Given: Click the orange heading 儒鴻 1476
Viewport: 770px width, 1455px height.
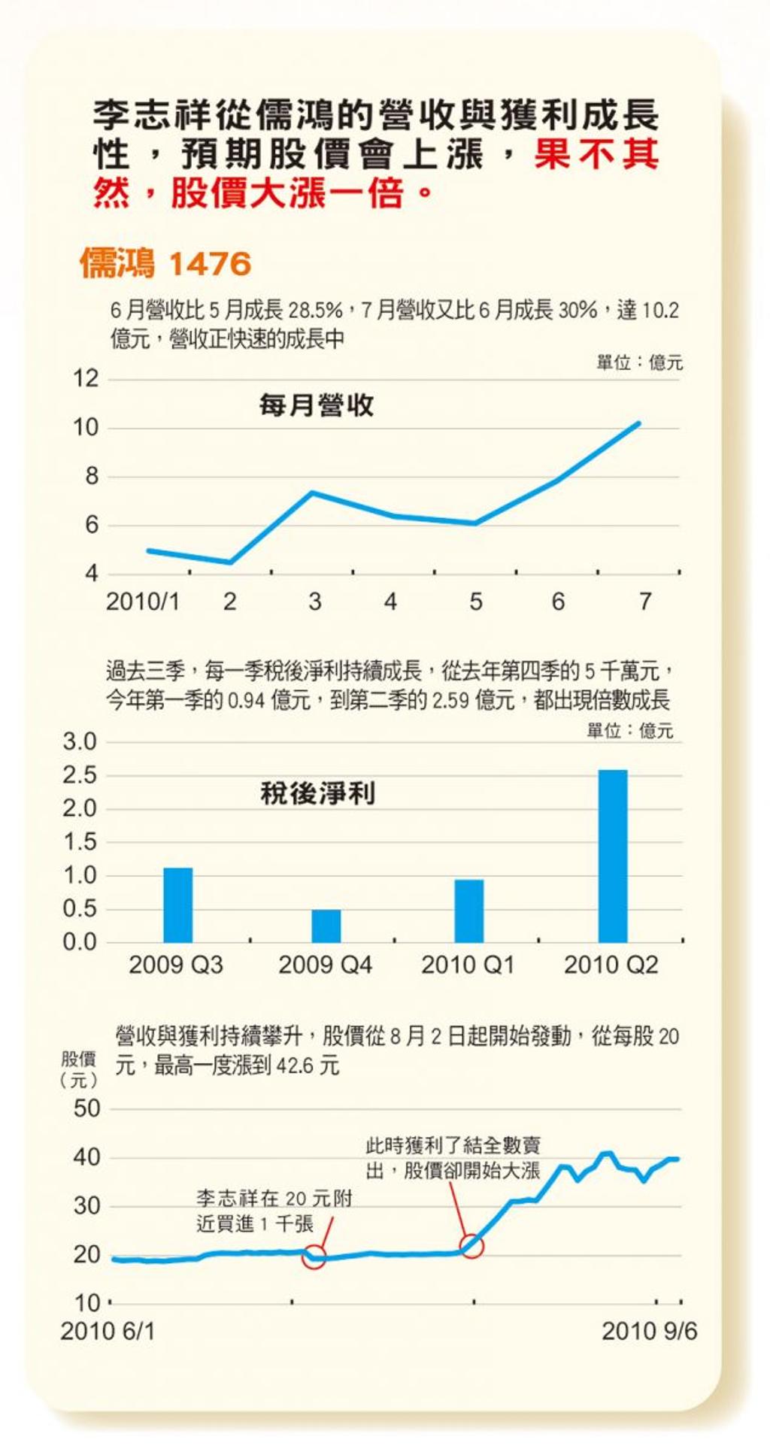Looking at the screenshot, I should pos(165,264).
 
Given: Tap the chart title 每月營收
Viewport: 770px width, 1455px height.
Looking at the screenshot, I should pos(317,405).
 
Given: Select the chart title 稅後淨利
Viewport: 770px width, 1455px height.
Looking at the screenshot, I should pos(317,793).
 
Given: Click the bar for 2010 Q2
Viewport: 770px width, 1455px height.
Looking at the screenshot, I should pos(613,856).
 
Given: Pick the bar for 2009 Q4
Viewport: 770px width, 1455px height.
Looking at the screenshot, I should pos(326,926).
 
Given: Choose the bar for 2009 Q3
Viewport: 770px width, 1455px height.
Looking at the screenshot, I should pos(178,905).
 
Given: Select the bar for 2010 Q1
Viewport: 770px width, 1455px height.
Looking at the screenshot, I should pos(469,911).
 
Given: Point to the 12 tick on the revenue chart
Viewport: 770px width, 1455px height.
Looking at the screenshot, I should pos(86,378).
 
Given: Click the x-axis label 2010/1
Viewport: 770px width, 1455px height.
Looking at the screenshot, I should pos(143,602).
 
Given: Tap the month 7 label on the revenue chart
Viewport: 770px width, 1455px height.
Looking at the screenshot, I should pos(644,602).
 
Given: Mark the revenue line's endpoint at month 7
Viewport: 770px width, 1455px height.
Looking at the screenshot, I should pos(638,423).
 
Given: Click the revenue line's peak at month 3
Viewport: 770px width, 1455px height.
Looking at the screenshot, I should pos(312,493).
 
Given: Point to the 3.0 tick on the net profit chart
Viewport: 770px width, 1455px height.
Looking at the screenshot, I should pos(80,742).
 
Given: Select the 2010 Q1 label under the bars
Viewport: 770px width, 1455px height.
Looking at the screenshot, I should pos(468,965).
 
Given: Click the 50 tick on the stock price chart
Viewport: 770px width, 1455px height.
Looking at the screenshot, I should pos(86,1108).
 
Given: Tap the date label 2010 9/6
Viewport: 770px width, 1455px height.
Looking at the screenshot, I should pos(649,1332).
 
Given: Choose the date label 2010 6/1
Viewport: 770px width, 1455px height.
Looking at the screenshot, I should pos(108,1332).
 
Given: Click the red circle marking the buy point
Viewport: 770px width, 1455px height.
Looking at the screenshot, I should pos(314,1256).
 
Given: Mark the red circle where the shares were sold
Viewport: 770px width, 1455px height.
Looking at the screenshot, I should pos(471,1246).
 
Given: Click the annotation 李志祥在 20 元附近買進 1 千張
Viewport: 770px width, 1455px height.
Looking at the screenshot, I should pos(274,1211).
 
